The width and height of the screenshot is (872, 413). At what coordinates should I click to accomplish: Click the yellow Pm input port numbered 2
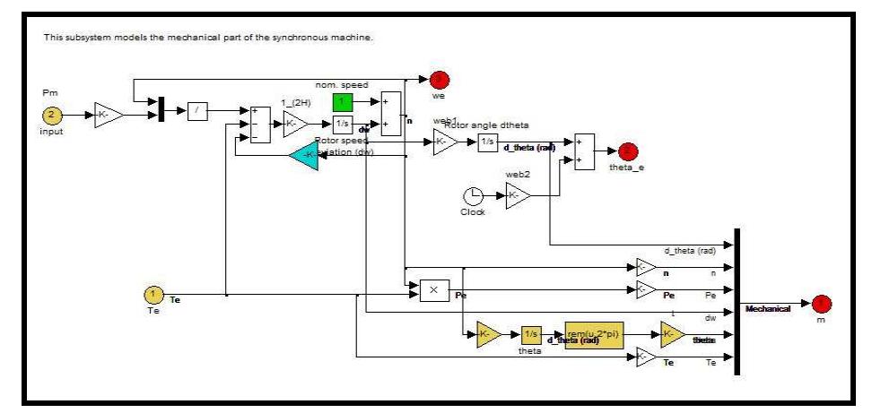click(51, 115)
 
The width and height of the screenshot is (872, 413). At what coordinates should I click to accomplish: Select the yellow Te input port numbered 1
click(153, 294)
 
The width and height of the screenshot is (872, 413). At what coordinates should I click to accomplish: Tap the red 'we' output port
click(440, 80)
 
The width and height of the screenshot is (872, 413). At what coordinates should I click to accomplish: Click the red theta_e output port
click(627, 151)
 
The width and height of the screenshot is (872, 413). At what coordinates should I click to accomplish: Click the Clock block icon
click(473, 195)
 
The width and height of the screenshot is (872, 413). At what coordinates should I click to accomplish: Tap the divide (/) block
click(197, 113)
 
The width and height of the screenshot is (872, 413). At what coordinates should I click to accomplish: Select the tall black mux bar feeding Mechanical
click(736, 302)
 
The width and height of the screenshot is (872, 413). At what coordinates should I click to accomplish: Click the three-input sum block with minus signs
click(258, 124)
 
